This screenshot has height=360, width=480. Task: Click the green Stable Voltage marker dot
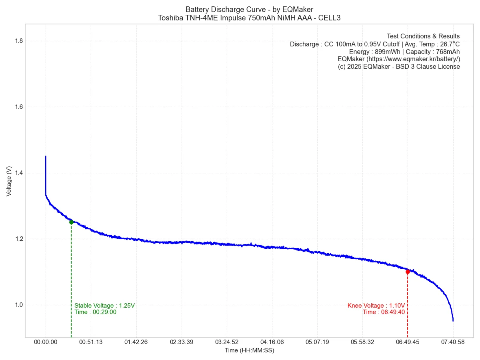[x=71, y=222]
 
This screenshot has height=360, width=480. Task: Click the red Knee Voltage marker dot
[x=408, y=272]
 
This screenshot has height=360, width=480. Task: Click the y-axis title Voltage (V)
[x=9, y=181]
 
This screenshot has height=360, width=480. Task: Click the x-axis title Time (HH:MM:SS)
[x=249, y=351]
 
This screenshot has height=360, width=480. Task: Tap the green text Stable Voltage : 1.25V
[x=104, y=306]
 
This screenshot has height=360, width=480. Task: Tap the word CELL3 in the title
[x=329, y=18]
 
